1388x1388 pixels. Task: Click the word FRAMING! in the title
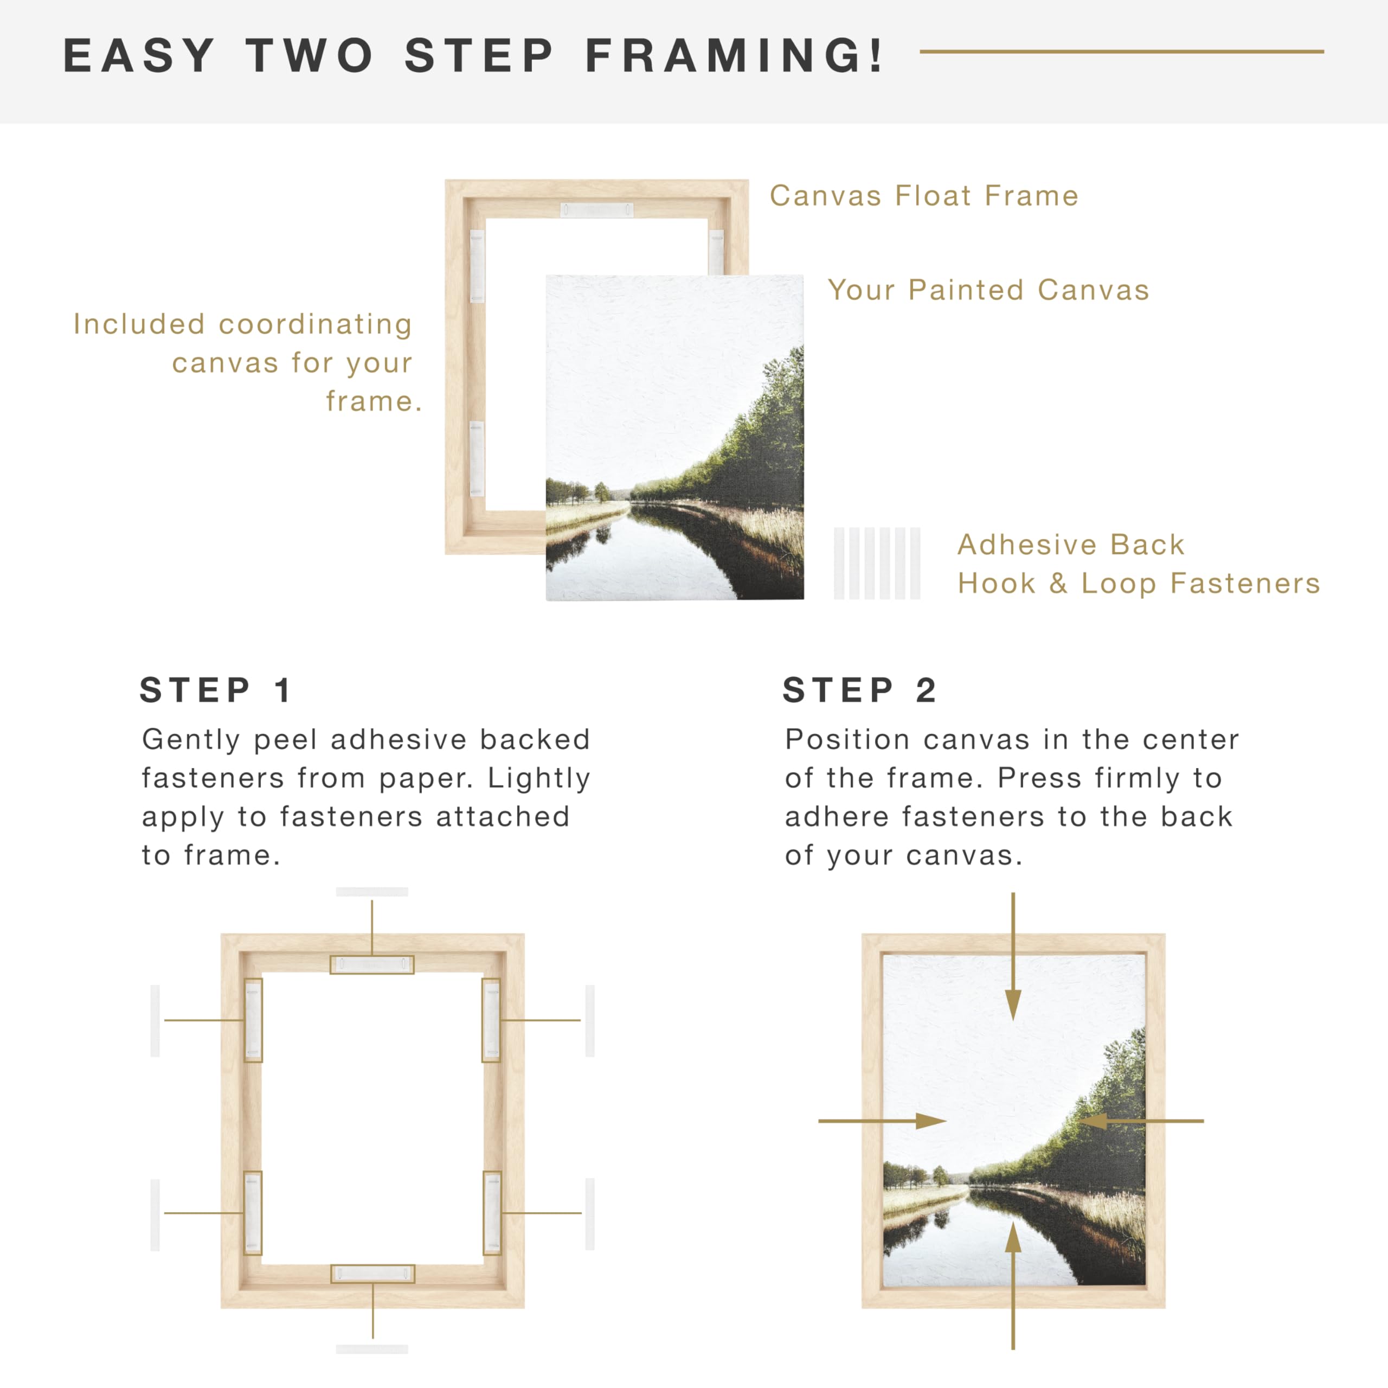pos(734,55)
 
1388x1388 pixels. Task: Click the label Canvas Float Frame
pos(924,195)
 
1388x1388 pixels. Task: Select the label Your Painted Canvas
pos(988,290)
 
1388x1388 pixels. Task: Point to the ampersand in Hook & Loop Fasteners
pos(1057,584)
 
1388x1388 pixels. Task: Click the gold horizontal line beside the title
pos(1121,52)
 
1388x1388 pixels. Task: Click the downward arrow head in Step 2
pos(1013,1003)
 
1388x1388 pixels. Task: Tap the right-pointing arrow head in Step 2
pos(931,1121)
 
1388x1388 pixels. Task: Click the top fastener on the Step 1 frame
pos(372,964)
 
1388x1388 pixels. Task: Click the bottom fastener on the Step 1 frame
pos(373,1274)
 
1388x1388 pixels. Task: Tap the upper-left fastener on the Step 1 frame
pos(253,1020)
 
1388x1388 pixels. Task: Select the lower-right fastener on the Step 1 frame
pos(492,1213)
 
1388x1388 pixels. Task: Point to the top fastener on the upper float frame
pos(596,210)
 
